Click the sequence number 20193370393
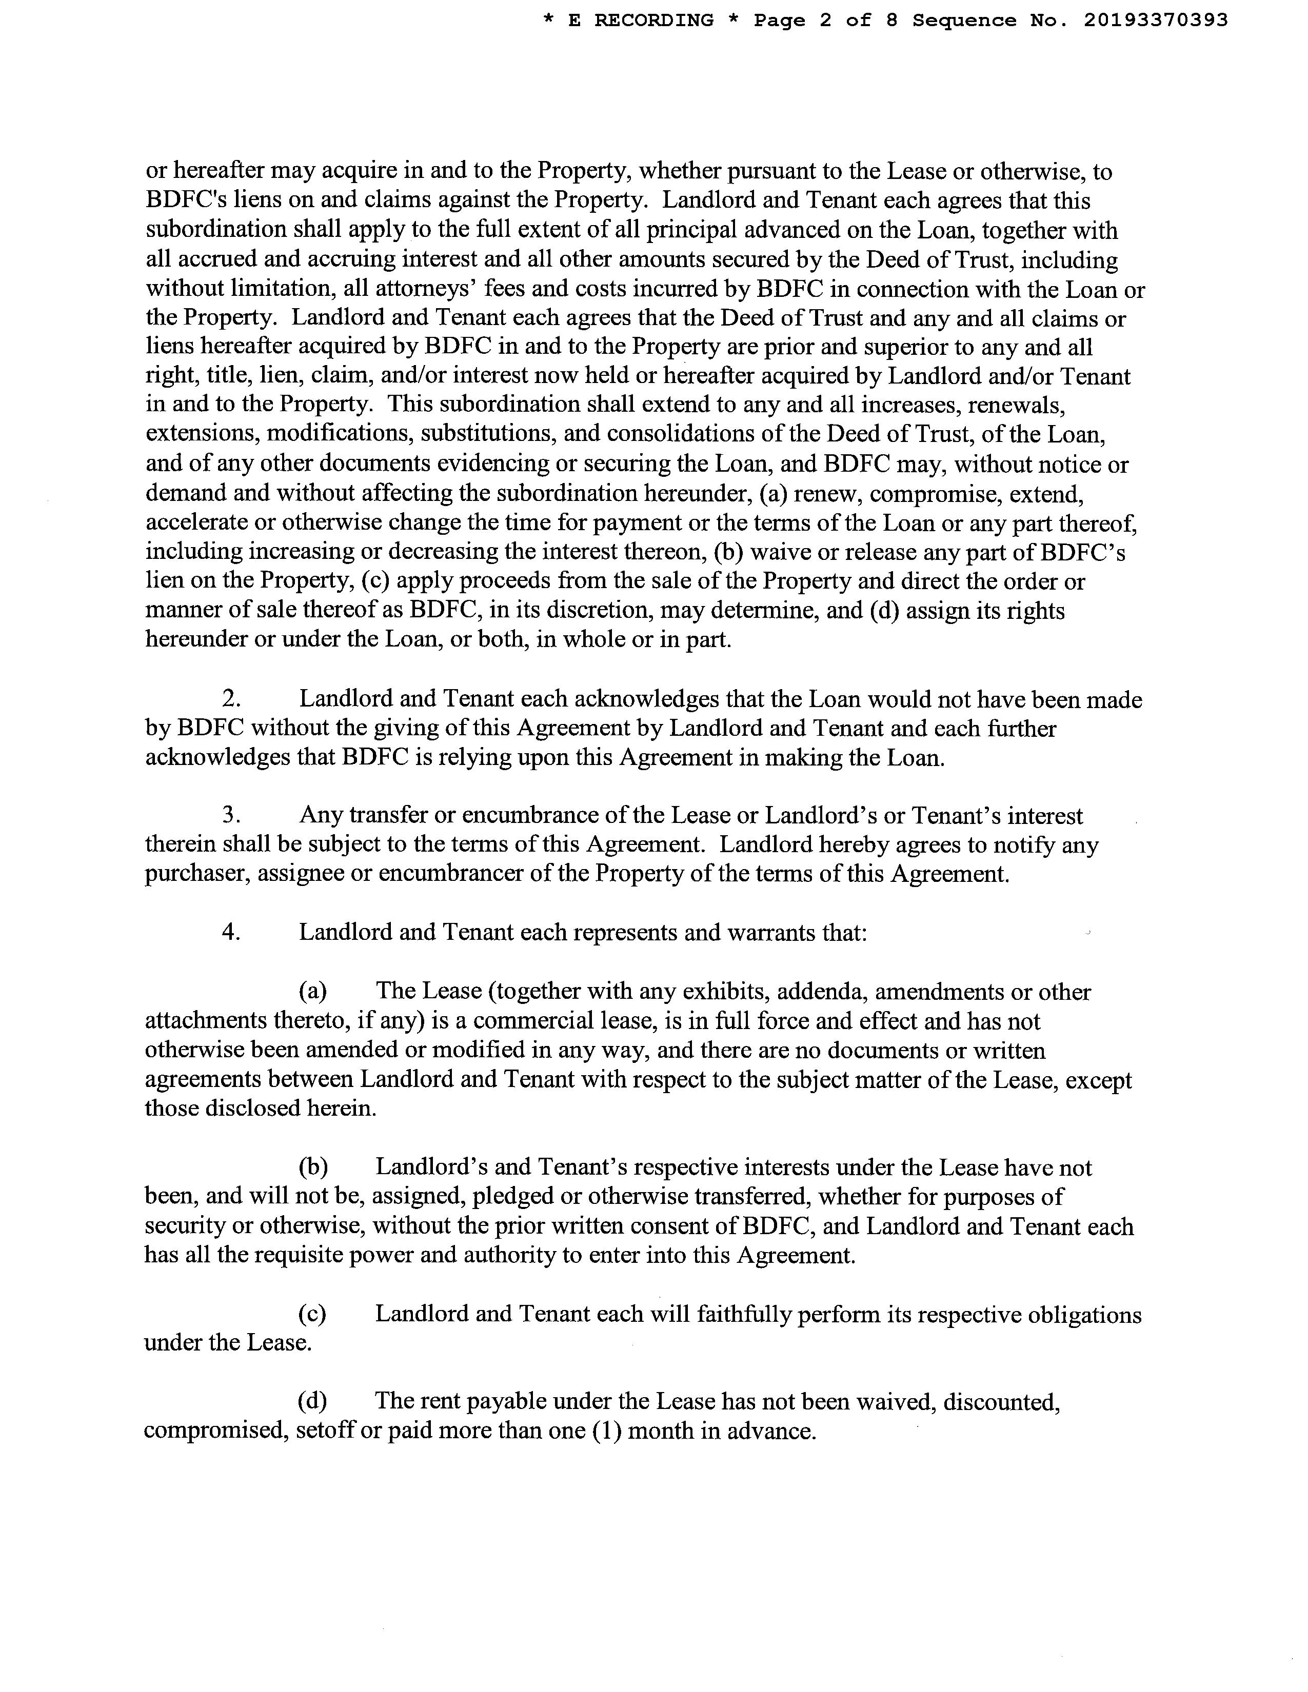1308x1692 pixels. pyautogui.click(x=1155, y=21)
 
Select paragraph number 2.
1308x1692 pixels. pyautogui.click(x=230, y=699)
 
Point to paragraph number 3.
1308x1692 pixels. pyautogui.click(x=230, y=816)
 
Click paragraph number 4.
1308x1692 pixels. pyautogui.click(x=230, y=932)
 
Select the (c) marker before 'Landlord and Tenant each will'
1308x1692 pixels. pyautogui.click(x=312, y=1314)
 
